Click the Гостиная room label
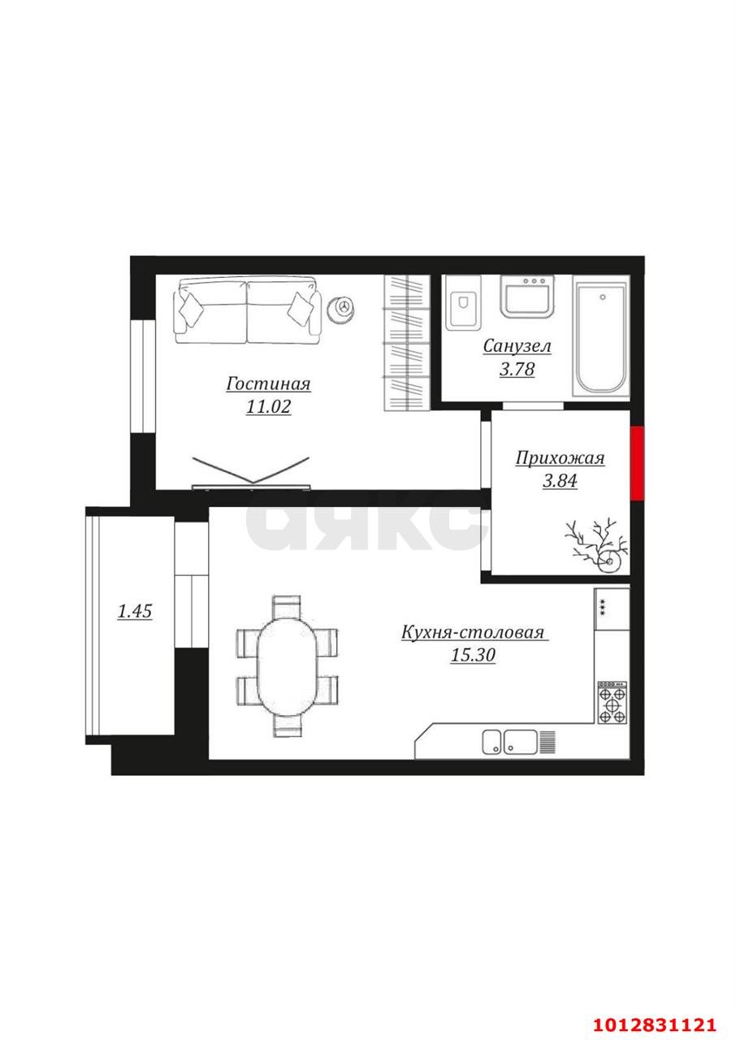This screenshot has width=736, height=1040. [268, 384]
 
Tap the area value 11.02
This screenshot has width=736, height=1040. [268, 407]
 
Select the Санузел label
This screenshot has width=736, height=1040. [517, 346]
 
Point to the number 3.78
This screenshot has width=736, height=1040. [517, 370]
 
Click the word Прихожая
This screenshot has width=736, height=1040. [560, 458]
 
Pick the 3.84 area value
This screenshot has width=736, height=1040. [560, 481]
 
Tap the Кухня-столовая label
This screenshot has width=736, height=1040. [473, 632]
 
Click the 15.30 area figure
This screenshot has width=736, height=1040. [473, 655]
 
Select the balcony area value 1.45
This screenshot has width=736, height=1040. [135, 611]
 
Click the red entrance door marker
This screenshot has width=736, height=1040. [637, 463]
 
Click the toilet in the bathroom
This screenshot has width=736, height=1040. [463, 303]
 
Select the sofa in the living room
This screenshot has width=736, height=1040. [247, 310]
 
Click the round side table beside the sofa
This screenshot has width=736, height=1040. [343, 307]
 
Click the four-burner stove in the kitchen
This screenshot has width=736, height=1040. [613, 702]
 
